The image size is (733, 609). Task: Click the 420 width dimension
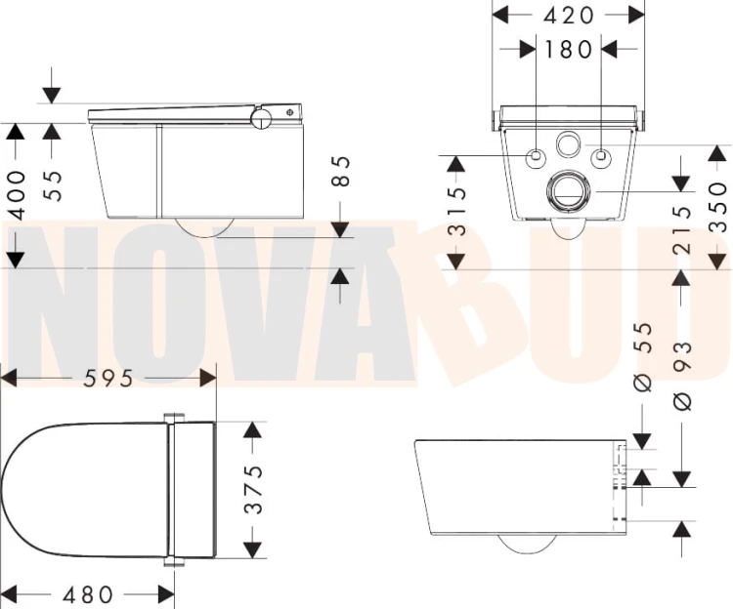click(x=568, y=15)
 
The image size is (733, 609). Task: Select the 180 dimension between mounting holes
click(x=569, y=49)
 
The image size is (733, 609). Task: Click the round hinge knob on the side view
click(x=262, y=118)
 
